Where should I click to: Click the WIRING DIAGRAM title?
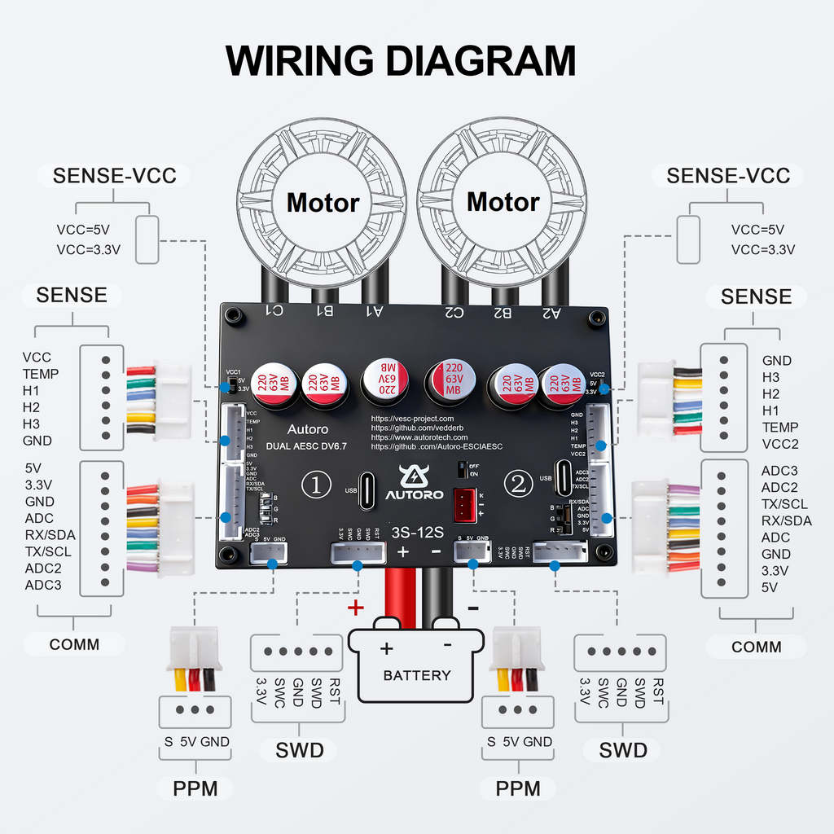coord(400,61)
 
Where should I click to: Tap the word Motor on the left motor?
coord(323,203)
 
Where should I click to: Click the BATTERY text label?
coord(416,675)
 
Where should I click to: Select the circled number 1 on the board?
coord(316,485)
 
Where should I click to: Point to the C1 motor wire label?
coord(274,310)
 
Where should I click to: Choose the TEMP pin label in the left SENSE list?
coord(41,374)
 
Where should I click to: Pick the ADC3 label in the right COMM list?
coord(779,471)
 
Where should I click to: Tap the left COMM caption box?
coord(74,644)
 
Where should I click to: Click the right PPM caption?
coord(518,788)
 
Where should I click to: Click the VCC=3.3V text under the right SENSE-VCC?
coord(762,249)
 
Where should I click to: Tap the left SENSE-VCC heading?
coord(115,176)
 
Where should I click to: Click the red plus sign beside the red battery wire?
coord(355,606)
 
